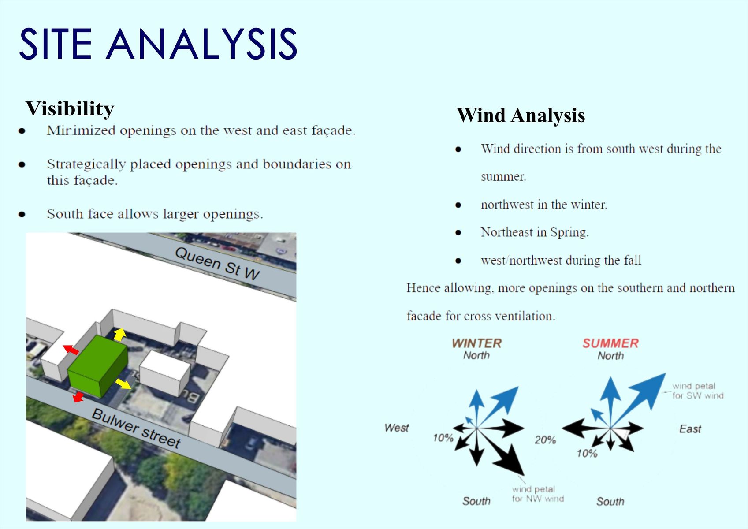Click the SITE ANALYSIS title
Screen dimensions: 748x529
pos(158,44)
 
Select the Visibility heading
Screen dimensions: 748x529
pos(70,109)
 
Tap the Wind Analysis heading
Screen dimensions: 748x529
pos(521,115)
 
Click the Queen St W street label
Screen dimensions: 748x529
pos(217,264)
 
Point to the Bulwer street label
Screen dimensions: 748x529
pos(136,428)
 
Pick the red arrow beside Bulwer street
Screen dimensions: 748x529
pos(78,397)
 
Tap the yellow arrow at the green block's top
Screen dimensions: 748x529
pos(119,334)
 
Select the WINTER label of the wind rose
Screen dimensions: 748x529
pos(476,343)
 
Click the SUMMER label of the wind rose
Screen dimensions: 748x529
pos(610,343)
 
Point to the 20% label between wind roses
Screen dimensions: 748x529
pos(545,440)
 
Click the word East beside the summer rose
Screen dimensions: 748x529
pos(690,429)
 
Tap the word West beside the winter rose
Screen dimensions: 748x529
pos(396,428)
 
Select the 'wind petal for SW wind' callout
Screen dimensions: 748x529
pos(698,391)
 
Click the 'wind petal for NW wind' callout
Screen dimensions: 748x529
pos(538,494)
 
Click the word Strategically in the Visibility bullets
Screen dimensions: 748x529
pos(86,164)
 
